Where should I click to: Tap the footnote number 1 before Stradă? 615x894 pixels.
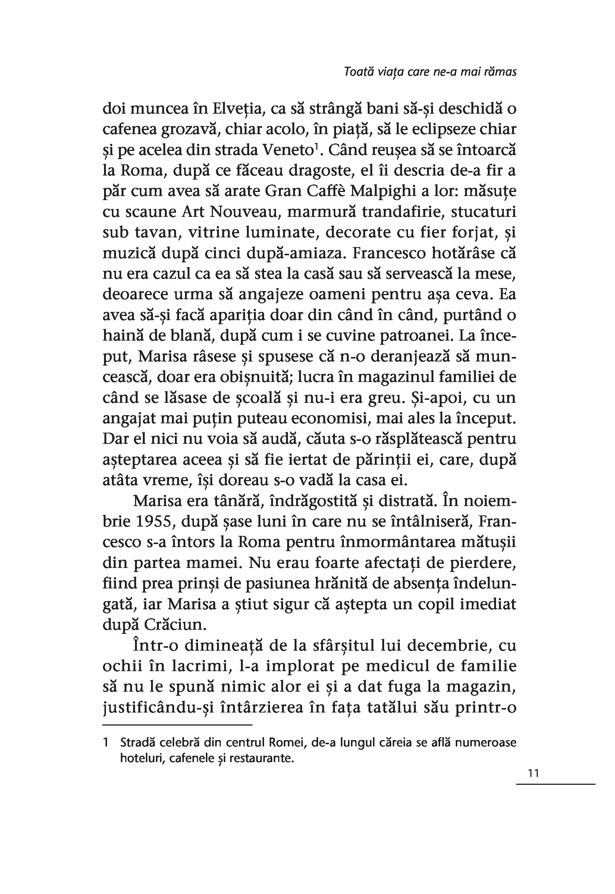[x=106, y=742]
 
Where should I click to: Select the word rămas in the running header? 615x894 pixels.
[x=500, y=72]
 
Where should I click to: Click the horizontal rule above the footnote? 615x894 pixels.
[x=177, y=725]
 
